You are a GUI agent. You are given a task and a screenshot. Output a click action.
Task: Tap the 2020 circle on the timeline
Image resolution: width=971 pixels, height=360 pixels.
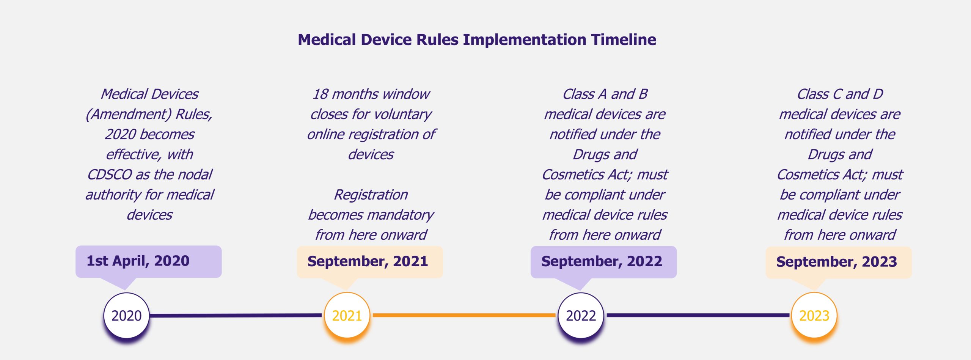tap(126, 315)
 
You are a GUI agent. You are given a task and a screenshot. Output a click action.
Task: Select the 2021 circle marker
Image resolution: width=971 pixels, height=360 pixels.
tap(347, 315)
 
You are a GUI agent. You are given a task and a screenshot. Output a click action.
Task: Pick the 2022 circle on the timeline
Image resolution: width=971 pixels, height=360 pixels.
tap(581, 315)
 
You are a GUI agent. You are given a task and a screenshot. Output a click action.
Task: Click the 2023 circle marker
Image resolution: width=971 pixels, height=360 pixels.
tap(814, 315)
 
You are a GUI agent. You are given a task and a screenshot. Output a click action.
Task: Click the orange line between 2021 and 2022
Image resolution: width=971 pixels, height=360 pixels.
tap(464, 315)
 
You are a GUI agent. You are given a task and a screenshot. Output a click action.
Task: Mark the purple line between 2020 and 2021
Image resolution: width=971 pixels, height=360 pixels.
tap(235, 315)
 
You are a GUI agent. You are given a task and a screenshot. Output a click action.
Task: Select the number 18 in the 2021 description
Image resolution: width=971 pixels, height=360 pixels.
tap(321, 94)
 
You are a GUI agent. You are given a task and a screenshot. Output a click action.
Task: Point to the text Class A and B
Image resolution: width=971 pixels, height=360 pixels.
tap(605, 94)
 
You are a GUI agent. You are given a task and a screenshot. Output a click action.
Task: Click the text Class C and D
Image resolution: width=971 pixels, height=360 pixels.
tap(840, 94)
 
